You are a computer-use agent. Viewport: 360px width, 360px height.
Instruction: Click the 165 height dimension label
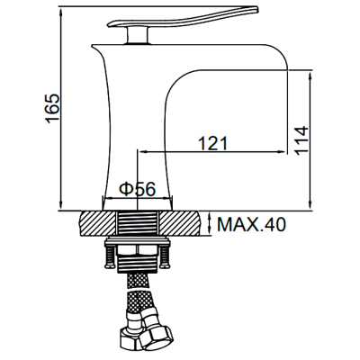tap(53, 109)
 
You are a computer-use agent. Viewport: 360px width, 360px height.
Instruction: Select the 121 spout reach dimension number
tap(213, 143)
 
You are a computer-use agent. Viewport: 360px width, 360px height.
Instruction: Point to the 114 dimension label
tap(301, 140)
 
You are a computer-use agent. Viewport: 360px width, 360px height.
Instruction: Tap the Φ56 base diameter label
tap(138, 189)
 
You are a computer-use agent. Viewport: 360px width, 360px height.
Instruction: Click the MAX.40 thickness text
tap(251, 224)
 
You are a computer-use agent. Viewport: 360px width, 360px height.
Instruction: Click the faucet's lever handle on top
tap(184, 19)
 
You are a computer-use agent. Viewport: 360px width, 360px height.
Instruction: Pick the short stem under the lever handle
tap(138, 35)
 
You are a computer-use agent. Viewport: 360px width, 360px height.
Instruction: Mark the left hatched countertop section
tap(97, 223)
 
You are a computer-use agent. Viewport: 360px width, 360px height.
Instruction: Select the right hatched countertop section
tap(180, 223)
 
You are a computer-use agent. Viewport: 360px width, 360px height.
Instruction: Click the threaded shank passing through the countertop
tap(138, 222)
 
